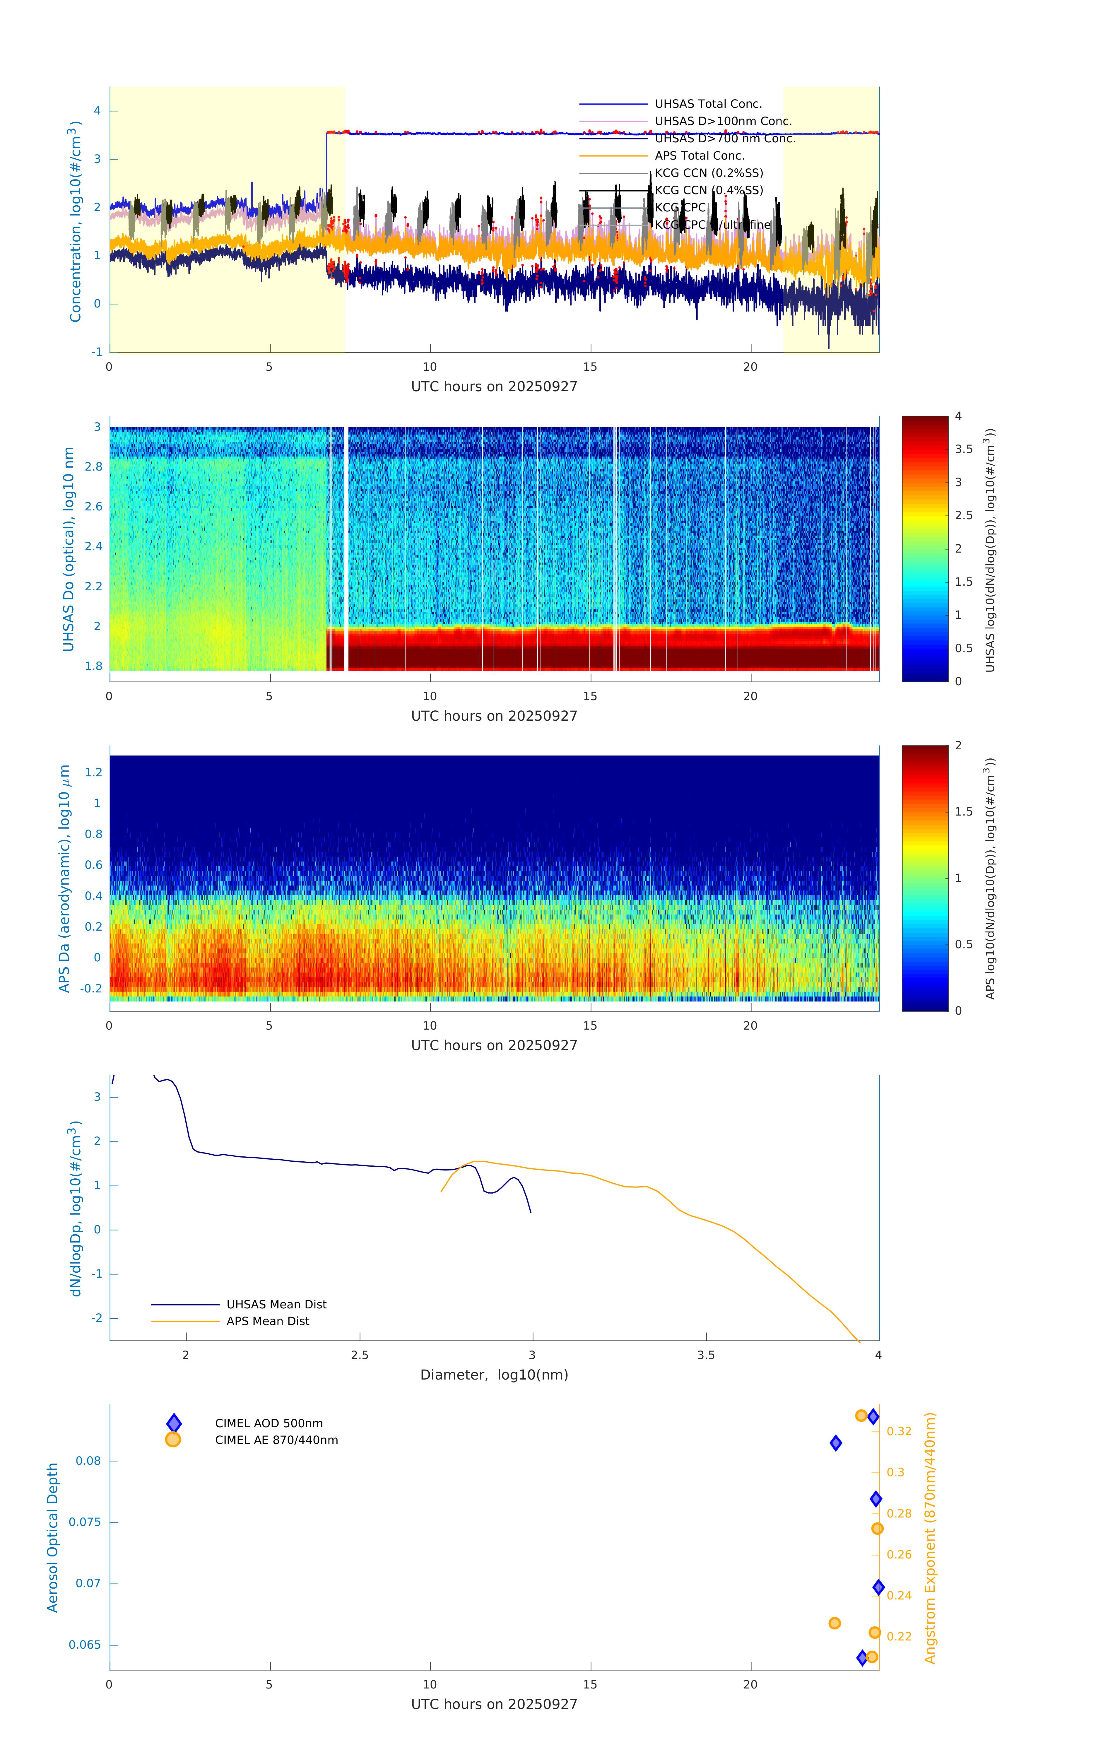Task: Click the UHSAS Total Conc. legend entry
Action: [x=708, y=104]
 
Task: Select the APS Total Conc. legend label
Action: [x=699, y=155]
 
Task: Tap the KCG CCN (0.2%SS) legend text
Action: [x=709, y=173]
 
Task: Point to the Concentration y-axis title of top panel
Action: [x=74, y=221]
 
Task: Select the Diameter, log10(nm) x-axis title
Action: [x=494, y=1375]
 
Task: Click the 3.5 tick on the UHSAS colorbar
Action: [x=963, y=449]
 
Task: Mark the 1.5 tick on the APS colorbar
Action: [x=963, y=811]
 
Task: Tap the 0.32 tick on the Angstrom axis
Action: [x=899, y=1432]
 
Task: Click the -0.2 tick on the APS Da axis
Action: [x=91, y=989]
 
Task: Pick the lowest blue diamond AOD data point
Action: [x=862, y=1658]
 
